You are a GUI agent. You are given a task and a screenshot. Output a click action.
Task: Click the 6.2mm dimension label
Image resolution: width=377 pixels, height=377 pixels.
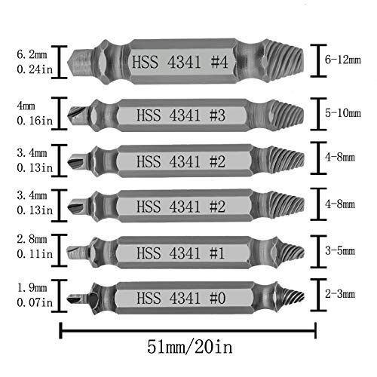pyautogui.click(x=30, y=54)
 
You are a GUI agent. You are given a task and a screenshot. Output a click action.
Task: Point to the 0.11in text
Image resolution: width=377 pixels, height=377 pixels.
pyautogui.click(x=30, y=255)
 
